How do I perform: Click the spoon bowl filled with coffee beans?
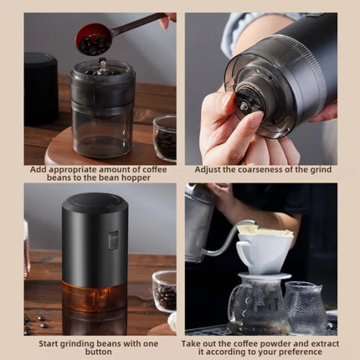click(93, 39)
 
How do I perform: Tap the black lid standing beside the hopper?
click(41, 88)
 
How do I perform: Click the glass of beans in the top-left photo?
click(165, 137)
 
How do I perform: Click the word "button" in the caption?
click(99, 353)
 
